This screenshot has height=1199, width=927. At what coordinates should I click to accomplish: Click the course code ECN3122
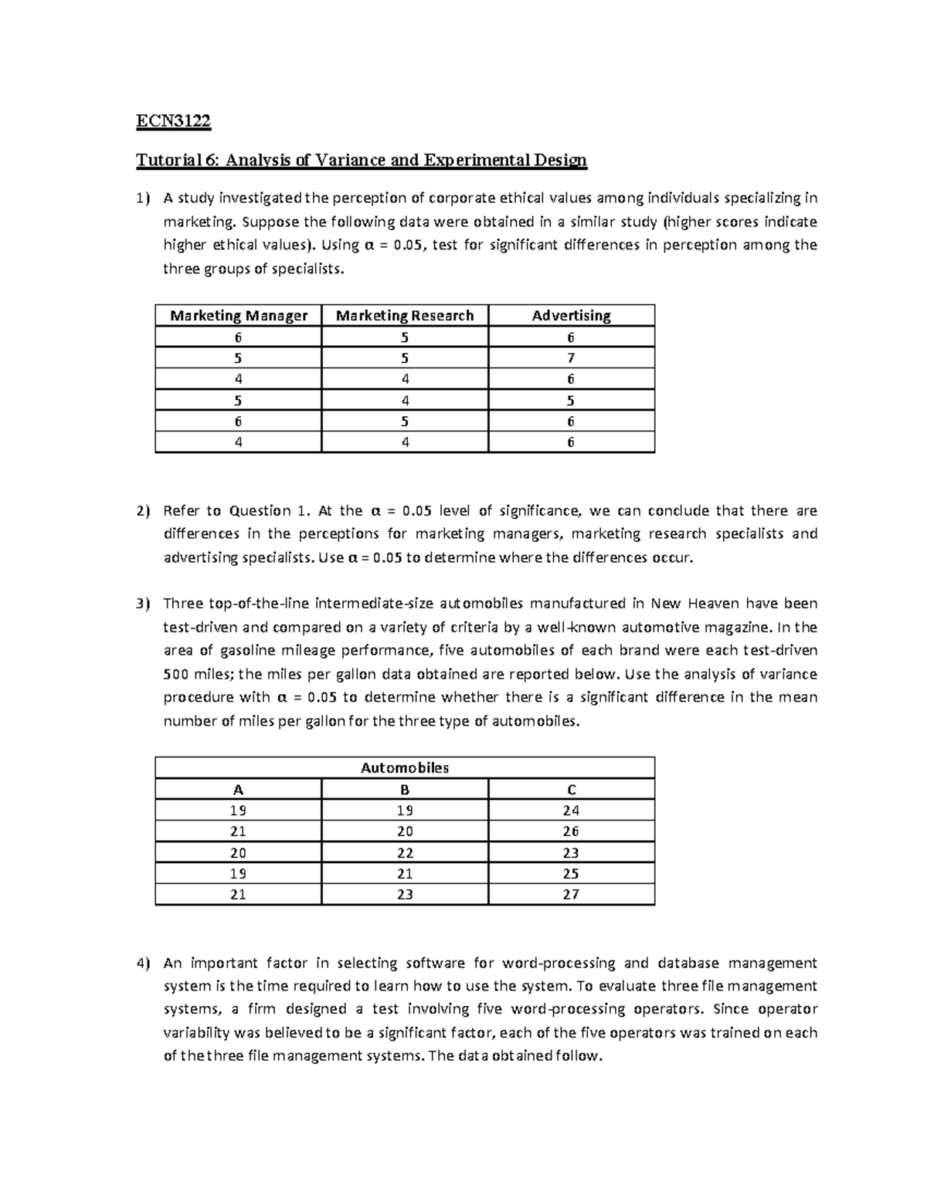pyautogui.click(x=173, y=121)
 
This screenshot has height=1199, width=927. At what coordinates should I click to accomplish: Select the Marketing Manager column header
pyautogui.click(x=238, y=316)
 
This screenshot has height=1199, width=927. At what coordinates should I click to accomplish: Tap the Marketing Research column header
pyautogui.click(x=405, y=316)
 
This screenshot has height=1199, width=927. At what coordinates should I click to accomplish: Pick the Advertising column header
pyautogui.click(x=571, y=316)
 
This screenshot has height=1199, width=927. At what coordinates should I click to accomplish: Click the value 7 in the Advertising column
pyautogui.click(x=571, y=358)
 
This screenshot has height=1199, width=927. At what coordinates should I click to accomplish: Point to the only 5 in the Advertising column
pyautogui.click(x=571, y=401)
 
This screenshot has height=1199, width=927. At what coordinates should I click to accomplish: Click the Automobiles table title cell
pyautogui.click(x=405, y=768)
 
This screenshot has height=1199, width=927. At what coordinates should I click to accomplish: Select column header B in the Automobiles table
pyautogui.click(x=405, y=790)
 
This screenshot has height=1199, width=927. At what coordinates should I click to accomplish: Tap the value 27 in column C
pyautogui.click(x=571, y=895)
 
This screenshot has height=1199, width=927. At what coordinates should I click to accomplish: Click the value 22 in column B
pyautogui.click(x=405, y=853)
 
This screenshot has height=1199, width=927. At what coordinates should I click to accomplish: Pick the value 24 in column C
pyautogui.click(x=571, y=811)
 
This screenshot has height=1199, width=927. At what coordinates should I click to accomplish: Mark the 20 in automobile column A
pyautogui.click(x=238, y=853)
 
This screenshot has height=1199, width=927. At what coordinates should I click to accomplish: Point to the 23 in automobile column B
pyautogui.click(x=405, y=895)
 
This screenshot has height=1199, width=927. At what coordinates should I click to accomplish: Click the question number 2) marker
pyautogui.click(x=141, y=511)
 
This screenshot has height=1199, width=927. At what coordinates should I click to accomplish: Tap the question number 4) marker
pyautogui.click(x=141, y=964)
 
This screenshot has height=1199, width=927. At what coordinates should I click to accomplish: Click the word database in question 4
pyautogui.click(x=688, y=963)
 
